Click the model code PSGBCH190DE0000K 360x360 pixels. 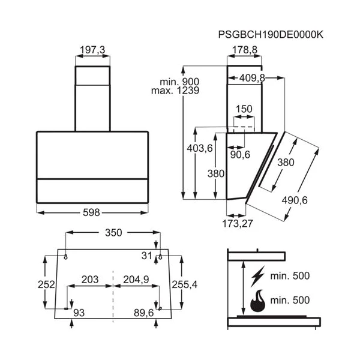(x=271, y=35)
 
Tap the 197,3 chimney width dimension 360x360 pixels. (x=92, y=50)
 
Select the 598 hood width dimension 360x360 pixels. (x=91, y=212)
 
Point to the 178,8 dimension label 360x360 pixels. (x=245, y=50)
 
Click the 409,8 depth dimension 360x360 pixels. (x=252, y=78)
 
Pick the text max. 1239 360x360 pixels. (x=175, y=91)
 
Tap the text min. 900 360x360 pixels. (x=179, y=82)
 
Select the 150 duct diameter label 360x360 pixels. (x=244, y=109)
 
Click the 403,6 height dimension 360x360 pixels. (x=200, y=148)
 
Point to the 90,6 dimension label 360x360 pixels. (x=240, y=155)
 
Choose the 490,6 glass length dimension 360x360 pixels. (x=295, y=200)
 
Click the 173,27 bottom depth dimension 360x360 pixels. (x=238, y=223)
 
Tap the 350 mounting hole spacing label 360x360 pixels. (x=113, y=233)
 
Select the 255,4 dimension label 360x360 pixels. (x=185, y=284)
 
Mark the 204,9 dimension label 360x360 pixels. (x=136, y=280)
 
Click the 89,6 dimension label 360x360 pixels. (x=144, y=313)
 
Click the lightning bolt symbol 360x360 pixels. (x=257, y=277)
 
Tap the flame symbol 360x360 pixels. (x=257, y=301)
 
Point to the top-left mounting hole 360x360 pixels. (x=65, y=257)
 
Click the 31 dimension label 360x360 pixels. (x=147, y=256)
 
